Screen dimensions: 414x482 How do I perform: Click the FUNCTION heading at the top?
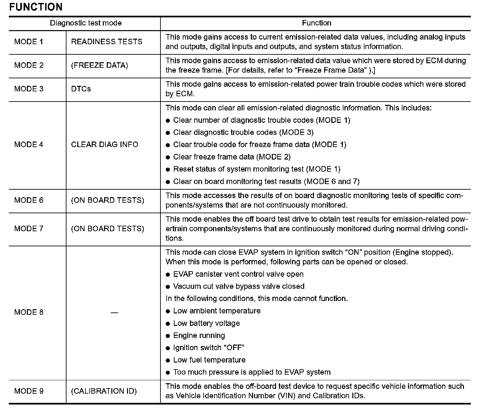36,7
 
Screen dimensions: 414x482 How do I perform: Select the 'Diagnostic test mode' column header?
86,23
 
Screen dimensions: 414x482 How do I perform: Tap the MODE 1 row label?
29,42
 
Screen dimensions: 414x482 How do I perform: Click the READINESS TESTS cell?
107,42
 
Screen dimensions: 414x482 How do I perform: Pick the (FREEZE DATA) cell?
100,66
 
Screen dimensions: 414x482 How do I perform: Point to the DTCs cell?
81,89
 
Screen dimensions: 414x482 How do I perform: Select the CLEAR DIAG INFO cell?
104,145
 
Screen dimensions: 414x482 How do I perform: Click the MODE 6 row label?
29,200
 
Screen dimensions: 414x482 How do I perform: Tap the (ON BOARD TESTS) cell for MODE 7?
107,229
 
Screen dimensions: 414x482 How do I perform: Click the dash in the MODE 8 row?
114,312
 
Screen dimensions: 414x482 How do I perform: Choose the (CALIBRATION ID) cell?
104,391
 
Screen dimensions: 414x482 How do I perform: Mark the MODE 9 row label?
29,391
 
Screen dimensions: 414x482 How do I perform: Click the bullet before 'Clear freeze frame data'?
168,158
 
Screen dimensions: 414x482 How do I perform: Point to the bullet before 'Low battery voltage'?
168,324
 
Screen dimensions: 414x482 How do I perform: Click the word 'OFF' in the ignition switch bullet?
234,348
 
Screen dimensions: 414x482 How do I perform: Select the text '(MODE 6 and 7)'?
331,182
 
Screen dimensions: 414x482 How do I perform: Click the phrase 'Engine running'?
199,336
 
